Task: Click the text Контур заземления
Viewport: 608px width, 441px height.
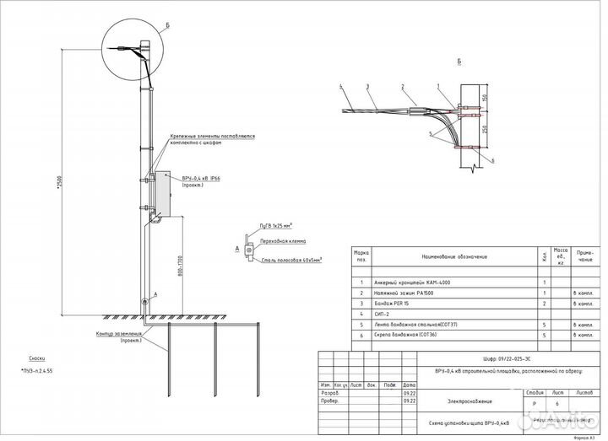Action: pyautogui.click(x=119, y=336)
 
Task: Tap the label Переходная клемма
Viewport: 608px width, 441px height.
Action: pyautogui.click(x=282, y=241)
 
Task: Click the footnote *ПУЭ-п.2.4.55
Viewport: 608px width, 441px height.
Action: pyautogui.click(x=35, y=370)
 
